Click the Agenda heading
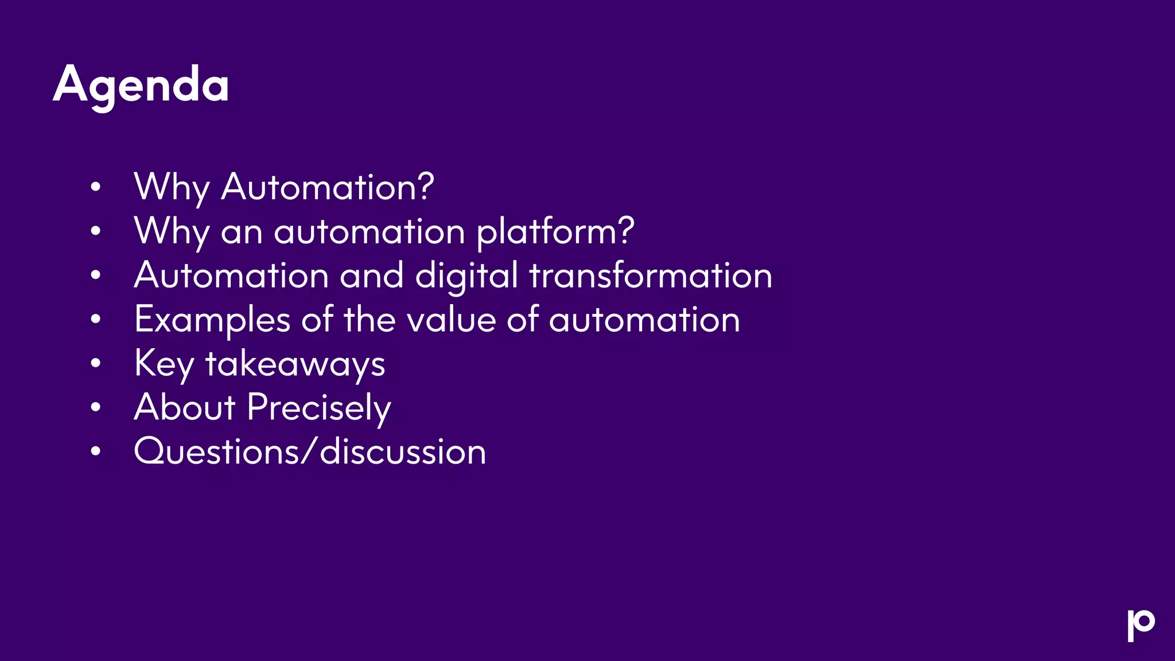[141, 85]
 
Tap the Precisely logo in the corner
[1141, 625]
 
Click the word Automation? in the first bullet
[328, 187]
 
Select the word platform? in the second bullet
[555, 232]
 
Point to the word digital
[466, 276]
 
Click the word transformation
[651, 275]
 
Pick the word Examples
[212, 320]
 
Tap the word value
[451, 320]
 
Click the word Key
[164, 364]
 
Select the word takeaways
[295, 364]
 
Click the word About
[185, 407]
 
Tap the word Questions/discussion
[310, 452]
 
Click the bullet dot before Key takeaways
[96, 363]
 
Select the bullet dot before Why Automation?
[96, 186]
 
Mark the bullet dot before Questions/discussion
[96, 452]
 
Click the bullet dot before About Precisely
[96, 407]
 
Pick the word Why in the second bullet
[172, 232]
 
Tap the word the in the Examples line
[369, 320]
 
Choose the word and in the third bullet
[372, 275]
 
